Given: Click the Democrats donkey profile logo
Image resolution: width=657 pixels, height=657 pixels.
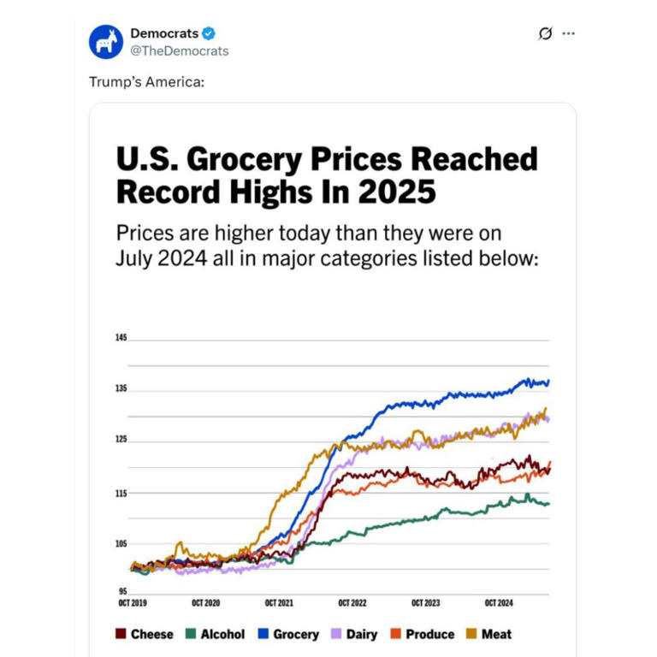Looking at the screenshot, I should (x=106, y=42).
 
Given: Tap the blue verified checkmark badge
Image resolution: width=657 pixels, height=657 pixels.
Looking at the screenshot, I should (x=208, y=33).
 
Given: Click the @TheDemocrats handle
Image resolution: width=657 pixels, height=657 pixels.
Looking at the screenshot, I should (x=179, y=50).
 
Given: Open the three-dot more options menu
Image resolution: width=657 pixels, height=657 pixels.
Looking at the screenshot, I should (x=568, y=33).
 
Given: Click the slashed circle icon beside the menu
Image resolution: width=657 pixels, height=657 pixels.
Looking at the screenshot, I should (x=544, y=33).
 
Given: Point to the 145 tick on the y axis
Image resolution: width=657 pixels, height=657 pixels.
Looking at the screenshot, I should (x=121, y=338).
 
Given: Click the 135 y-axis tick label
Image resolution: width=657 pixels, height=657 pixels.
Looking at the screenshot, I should (x=121, y=389).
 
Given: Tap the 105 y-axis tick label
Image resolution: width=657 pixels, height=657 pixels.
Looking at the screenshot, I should (x=121, y=544).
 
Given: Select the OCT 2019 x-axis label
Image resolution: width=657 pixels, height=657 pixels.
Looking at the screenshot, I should (x=133, y=603).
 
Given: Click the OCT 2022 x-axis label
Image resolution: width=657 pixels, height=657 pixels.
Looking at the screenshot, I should (x=352, y=603).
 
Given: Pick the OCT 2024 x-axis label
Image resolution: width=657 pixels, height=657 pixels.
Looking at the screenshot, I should (x=499, y=603).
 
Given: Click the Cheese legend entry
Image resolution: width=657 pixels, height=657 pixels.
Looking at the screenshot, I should (x=144, y=634).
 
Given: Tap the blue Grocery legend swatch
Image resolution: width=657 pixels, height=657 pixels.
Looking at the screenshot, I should (x=264, y=634).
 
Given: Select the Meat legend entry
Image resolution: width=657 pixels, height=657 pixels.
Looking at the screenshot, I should (x=488, y=634).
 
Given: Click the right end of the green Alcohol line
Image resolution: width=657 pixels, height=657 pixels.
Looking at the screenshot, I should (x=547, y=503).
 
